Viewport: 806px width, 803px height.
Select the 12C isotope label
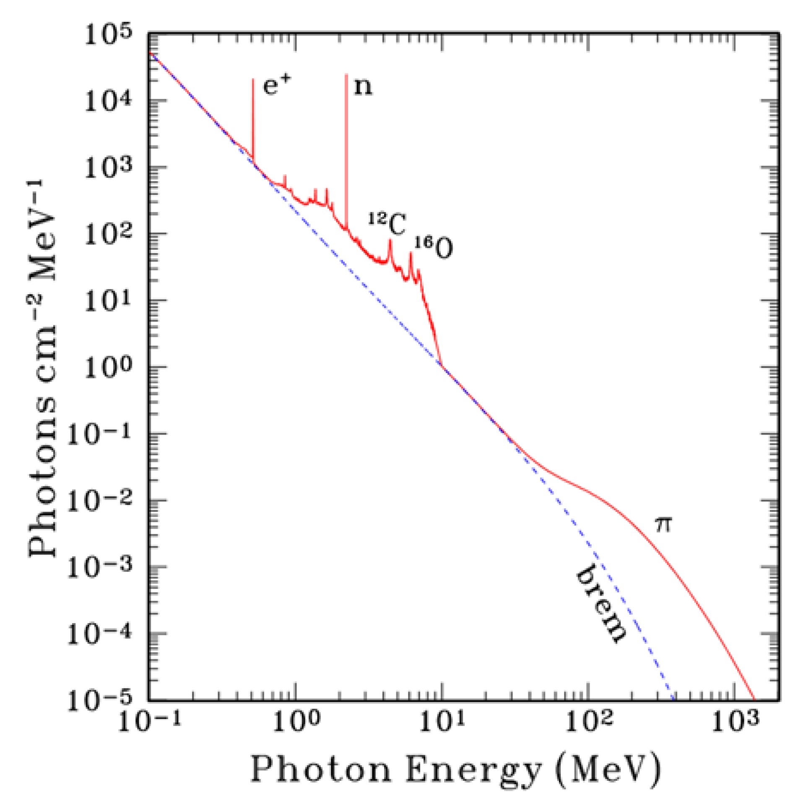388,223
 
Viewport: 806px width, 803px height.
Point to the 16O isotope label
434,247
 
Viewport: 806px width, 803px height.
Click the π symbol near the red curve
663,524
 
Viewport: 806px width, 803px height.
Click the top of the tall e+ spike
253,80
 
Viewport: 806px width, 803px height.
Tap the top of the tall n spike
346,75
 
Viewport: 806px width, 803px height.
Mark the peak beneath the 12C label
390,240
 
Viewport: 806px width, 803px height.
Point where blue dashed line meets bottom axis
673,700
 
